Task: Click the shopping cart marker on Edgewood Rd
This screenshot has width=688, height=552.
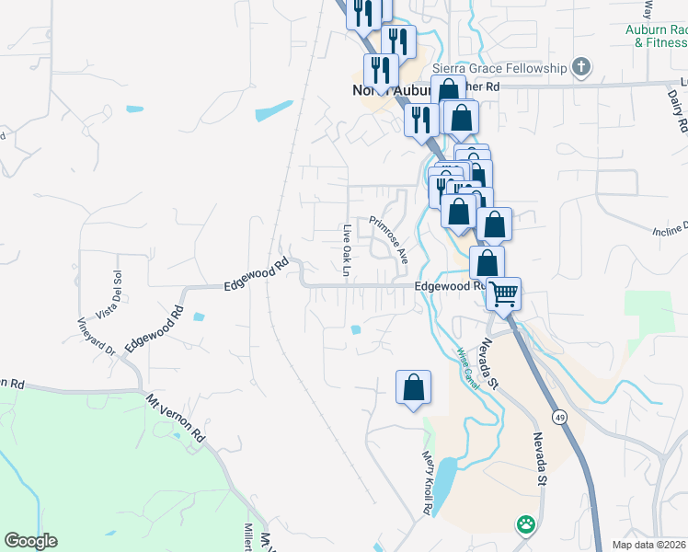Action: [503, 294]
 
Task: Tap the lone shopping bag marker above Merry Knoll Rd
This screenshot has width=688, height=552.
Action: [414, 386]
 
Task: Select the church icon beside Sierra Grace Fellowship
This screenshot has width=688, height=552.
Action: [579, 66]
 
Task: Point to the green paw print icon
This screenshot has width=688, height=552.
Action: [525, 523]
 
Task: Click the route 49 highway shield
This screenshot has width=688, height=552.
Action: [558, 417]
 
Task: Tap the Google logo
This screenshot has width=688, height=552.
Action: [30, 541]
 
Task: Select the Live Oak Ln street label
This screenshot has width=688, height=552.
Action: [347, 250]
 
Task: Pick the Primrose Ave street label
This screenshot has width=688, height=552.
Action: [389, 239]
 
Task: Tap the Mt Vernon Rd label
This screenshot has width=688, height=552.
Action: [174, 420]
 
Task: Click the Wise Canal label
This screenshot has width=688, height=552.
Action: [468, 365]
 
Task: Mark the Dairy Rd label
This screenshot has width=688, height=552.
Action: [672, 110]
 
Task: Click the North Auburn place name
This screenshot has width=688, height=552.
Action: [384, 90]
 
